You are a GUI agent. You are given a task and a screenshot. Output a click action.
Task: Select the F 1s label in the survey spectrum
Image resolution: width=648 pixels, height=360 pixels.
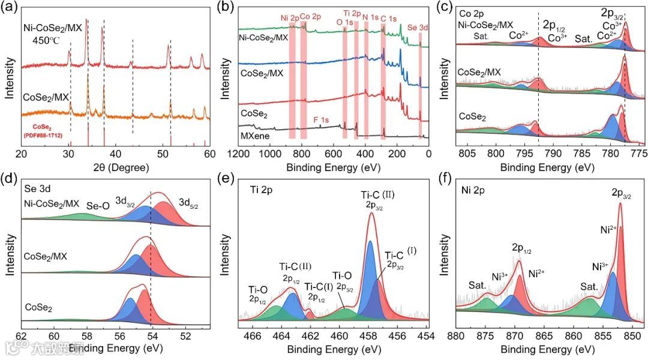321,121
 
